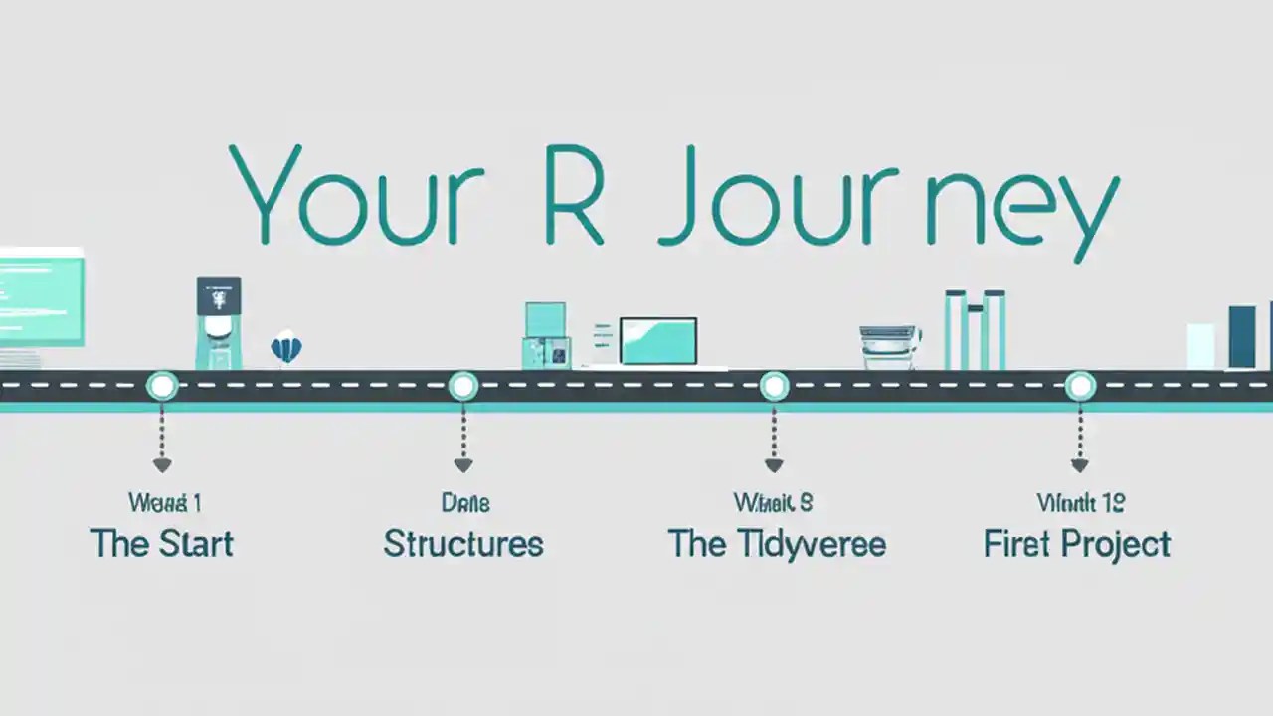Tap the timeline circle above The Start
162,386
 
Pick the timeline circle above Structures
463,386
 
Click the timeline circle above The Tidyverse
774,386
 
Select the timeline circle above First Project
1080,386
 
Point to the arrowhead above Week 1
162,464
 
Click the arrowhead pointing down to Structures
463,464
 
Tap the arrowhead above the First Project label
1080,464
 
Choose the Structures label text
463,544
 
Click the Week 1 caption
165,503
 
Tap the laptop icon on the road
657,341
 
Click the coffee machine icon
218,322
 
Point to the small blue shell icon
286,348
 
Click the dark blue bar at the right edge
1242,336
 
